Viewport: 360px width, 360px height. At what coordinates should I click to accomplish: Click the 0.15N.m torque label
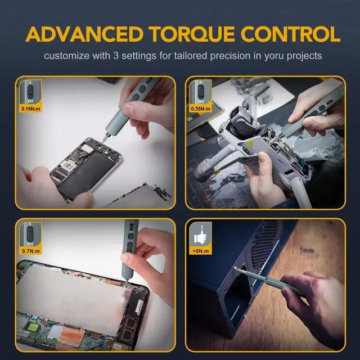(29, 107)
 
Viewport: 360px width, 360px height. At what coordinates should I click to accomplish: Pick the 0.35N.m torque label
(201, 107)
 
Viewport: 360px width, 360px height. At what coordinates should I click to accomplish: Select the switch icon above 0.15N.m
(29, 91)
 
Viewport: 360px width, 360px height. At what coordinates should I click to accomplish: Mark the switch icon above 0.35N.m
(201, 91)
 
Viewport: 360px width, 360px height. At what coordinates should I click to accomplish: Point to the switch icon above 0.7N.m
(29, 233)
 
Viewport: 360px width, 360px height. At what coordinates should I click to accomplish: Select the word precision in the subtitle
(226, 57)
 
